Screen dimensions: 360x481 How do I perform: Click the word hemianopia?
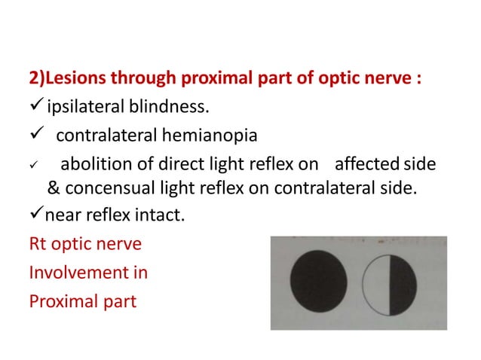point(213,136)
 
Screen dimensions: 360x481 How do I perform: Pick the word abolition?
point(93,164)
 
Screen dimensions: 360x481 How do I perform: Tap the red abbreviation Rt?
point(38,245)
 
